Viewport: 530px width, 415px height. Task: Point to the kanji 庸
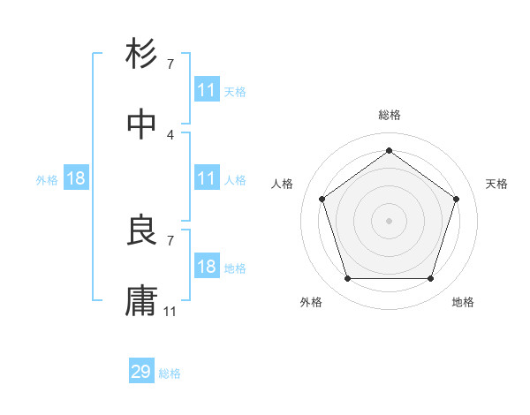pyautogui.click(x=142, y=300)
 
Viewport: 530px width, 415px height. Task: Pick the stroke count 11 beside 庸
pyautogui.click(x=170, y=312)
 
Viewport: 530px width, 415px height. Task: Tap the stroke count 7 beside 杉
pyautogui.click(x=170, y=64)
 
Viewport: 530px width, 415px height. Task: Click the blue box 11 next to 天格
pyautogui.click(x=207, y=90)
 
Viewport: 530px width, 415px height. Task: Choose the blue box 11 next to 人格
pyautogui.click(x=207, y=178)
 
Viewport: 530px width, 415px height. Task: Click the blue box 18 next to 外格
pyautogui.click(x=76, y=178)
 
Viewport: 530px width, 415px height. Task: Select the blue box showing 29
pyautogui.click(x=141, y=372)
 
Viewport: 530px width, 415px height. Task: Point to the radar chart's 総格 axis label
pyautogui.click(x=389, y=115)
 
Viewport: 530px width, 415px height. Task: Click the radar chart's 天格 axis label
pyautogui.click(x=497, y=184)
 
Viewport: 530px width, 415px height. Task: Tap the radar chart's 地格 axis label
pyautogui.click(x=463, y=302)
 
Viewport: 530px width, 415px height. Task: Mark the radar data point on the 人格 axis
pyautogui.click(x=322, y=199)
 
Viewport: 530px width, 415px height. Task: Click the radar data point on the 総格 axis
pyautogui.click(x=389, y=151)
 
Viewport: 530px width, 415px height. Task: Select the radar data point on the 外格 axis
pyautogui.click(x=347, y=279)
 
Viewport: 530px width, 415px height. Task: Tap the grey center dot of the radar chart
pyautogui.click(x=389, y=221)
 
